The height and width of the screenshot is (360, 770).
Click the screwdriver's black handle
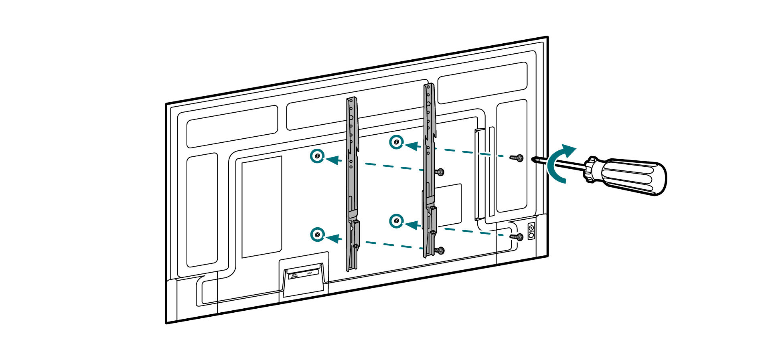click(x=634, y=176)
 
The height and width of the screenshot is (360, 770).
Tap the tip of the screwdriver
click(x=533, y=160)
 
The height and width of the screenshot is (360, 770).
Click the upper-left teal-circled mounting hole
click(x=317, y=156)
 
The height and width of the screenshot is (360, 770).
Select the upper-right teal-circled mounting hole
click(x=396, y=142)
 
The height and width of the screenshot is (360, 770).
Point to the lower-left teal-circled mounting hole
click(x=317, y=235)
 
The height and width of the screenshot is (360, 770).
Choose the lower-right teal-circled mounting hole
click(x=396, y=221)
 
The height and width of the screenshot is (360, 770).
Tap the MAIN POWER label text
click(x=294, y=276)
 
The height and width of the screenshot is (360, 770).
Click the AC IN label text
click(x=309, y=273)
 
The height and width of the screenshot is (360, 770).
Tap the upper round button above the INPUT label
click(x=531, y=228)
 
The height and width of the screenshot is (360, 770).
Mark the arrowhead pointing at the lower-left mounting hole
click(x=332, y=239)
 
